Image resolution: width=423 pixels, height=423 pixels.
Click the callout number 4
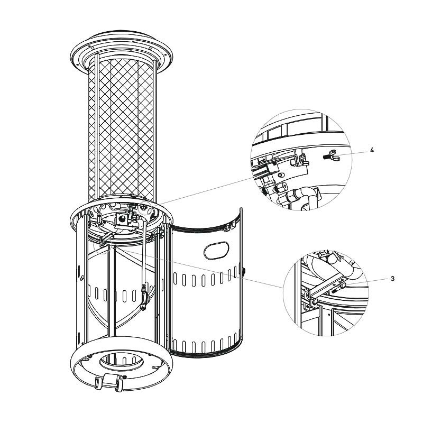372,150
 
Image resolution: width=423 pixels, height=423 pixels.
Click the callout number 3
392,279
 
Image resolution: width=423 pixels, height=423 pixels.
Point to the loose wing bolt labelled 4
331,155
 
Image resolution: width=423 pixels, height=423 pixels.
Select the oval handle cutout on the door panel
216,250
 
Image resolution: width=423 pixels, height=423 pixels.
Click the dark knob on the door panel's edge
244,271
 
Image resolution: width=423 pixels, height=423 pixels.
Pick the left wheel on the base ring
98,383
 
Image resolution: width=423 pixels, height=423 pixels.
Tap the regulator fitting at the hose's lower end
144,296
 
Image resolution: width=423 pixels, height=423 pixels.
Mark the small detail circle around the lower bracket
102,245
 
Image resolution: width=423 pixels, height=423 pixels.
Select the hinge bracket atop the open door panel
229,227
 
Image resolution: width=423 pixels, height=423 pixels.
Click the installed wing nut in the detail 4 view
304,160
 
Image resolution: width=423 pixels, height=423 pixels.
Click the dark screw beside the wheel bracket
124,376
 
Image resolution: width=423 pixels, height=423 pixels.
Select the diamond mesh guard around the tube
122,130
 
